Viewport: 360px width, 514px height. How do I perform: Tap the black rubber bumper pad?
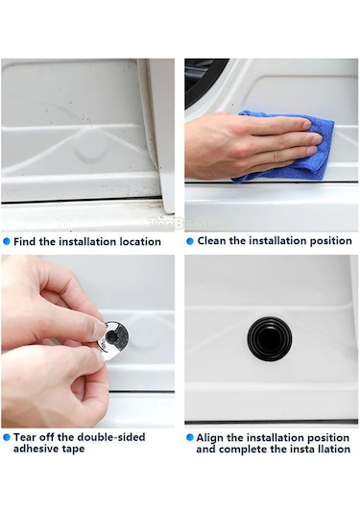[x=270, y=338]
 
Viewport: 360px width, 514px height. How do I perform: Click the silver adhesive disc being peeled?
[x=113, y=340]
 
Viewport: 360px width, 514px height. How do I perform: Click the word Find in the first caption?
[x=25, y=242]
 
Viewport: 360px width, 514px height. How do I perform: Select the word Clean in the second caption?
[x=211, y=241]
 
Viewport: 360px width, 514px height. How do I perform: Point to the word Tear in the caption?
[x=25, y=437]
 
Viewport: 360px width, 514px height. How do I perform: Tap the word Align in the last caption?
[x=209, y=438]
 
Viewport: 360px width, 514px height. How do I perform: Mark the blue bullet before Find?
[x=7, y=242]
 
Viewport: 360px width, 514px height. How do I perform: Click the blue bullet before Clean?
[x=190, y=241]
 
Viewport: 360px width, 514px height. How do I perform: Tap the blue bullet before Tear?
[x=7, y=438]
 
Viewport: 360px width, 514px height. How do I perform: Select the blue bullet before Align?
[x=190, y=438]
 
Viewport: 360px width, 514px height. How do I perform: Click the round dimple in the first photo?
[x=91, y=152]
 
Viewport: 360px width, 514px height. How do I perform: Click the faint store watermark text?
[x=189, y=223]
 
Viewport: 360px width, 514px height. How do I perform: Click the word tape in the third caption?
[x=73, y=449]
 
